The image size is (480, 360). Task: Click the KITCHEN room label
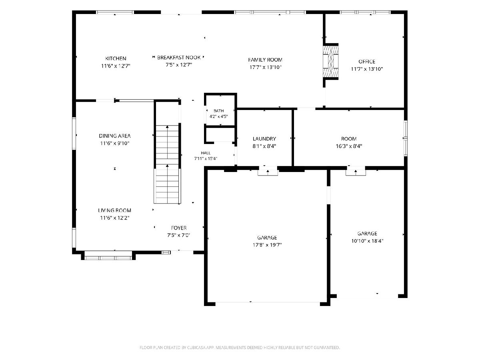tap(116, 58)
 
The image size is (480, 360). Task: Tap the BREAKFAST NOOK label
tap(179, 58)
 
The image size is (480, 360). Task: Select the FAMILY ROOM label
tap(265, 60)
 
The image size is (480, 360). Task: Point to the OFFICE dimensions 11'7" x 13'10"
tap(367, 69)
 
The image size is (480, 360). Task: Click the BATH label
tap(218, 111)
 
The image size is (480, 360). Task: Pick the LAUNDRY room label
tap(264, 139)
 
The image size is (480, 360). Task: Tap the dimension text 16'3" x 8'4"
tap(349, 146)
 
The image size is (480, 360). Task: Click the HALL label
tap(206, 153)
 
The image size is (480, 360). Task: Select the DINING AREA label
tap(114, 136)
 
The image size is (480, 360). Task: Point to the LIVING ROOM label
tap(114, 210)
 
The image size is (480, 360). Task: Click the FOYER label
tap(179, 228)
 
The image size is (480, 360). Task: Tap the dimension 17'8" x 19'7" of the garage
tap(267, 245)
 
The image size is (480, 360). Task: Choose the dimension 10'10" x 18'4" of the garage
tap(367, 241)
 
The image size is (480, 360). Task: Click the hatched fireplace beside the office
tap(331, 61)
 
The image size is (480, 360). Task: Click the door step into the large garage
tap(268, 172)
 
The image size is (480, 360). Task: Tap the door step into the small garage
tap(356, 172)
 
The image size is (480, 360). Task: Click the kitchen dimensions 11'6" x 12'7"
tap(116, 66)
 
